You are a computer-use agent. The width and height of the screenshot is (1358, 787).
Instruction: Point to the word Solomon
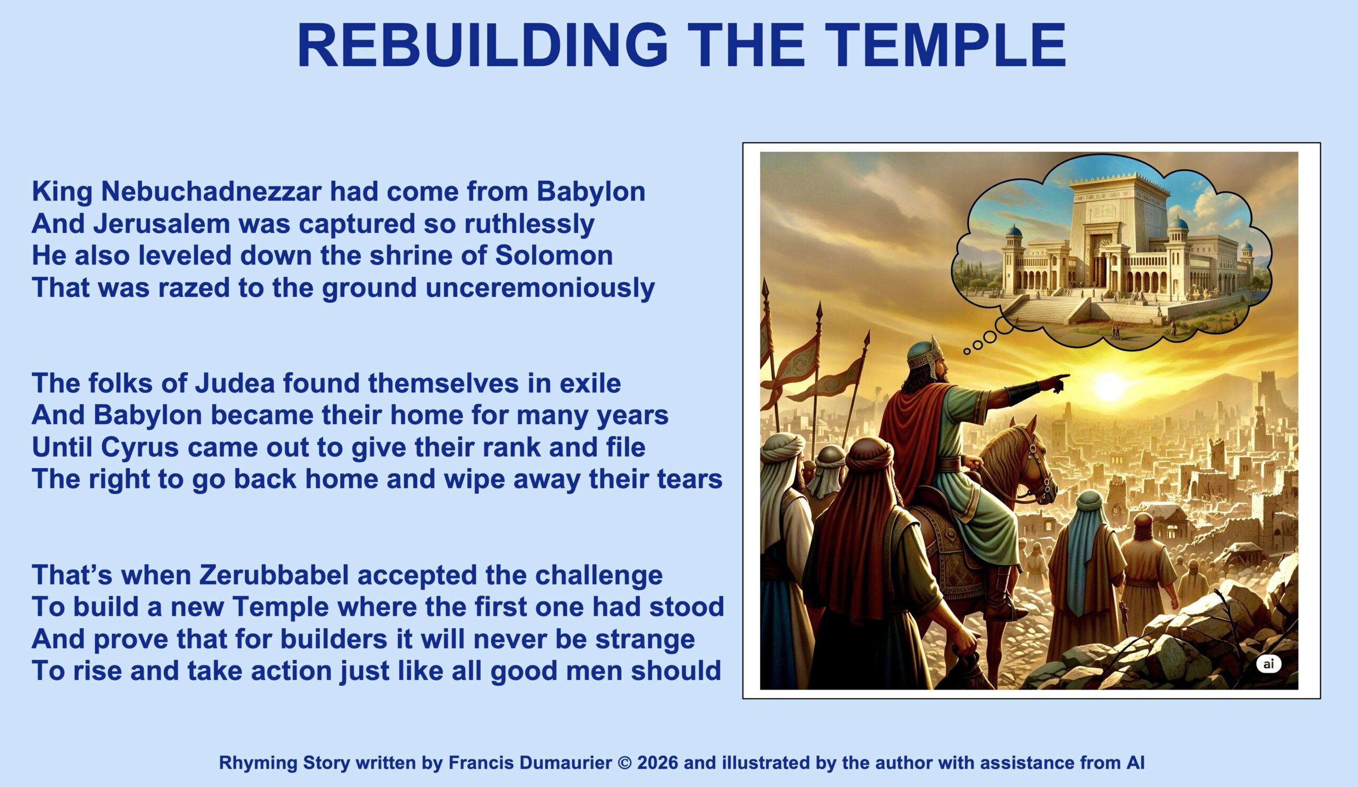(x=554, y=255)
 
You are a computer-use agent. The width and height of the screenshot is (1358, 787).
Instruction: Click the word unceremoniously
(x=540, y=288)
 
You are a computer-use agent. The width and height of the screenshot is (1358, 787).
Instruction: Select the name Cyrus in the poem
(x=140, y=448)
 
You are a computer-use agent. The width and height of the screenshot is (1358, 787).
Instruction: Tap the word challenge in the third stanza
(x=599, y=575)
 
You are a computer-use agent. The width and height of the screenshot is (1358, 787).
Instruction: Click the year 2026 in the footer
(x=658, y=763)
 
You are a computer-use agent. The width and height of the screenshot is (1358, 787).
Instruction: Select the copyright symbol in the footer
(x=624, y=763)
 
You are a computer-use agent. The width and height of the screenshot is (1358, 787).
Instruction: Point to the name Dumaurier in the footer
(x=565, y=763)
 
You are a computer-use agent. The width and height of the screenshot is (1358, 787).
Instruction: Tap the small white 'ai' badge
(x=1268, y=663)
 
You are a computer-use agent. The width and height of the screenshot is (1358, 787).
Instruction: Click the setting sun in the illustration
(x=1109, y=386)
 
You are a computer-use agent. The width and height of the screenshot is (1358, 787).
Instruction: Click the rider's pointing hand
(x=1054, y=382)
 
